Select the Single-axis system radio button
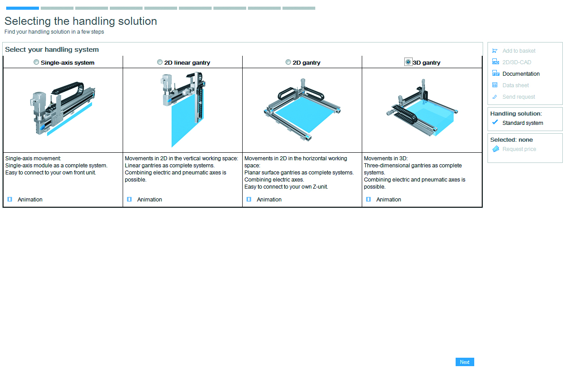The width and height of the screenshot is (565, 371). click(36, 62)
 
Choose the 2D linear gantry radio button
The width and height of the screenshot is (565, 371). click(160, 62)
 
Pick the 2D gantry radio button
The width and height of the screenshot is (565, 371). click(288, 62)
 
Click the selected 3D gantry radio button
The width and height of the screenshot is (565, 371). click(408, 62)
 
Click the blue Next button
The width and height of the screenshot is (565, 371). click(464, 362)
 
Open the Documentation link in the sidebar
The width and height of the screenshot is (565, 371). click(521, 74)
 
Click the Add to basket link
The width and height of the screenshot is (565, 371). click(519, 51)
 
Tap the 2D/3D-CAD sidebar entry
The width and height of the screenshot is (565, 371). click(516, 62)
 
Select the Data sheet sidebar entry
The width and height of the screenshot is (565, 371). click(515, 85)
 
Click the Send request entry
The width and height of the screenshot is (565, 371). click(519, 97)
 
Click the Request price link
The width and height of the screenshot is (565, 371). click(519, 149)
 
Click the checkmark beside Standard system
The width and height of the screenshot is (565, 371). click(495, 123)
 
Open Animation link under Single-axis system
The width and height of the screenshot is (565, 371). click(30, 200)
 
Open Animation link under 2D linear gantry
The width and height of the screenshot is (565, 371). click(149, 200)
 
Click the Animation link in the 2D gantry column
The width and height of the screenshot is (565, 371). click(269, 200)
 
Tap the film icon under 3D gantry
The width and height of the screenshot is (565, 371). click(368, 200)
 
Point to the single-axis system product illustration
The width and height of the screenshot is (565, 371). click(62, 111)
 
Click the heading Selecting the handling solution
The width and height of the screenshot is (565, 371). click(81, 21)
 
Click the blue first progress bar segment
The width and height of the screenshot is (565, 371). click(23, 8)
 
